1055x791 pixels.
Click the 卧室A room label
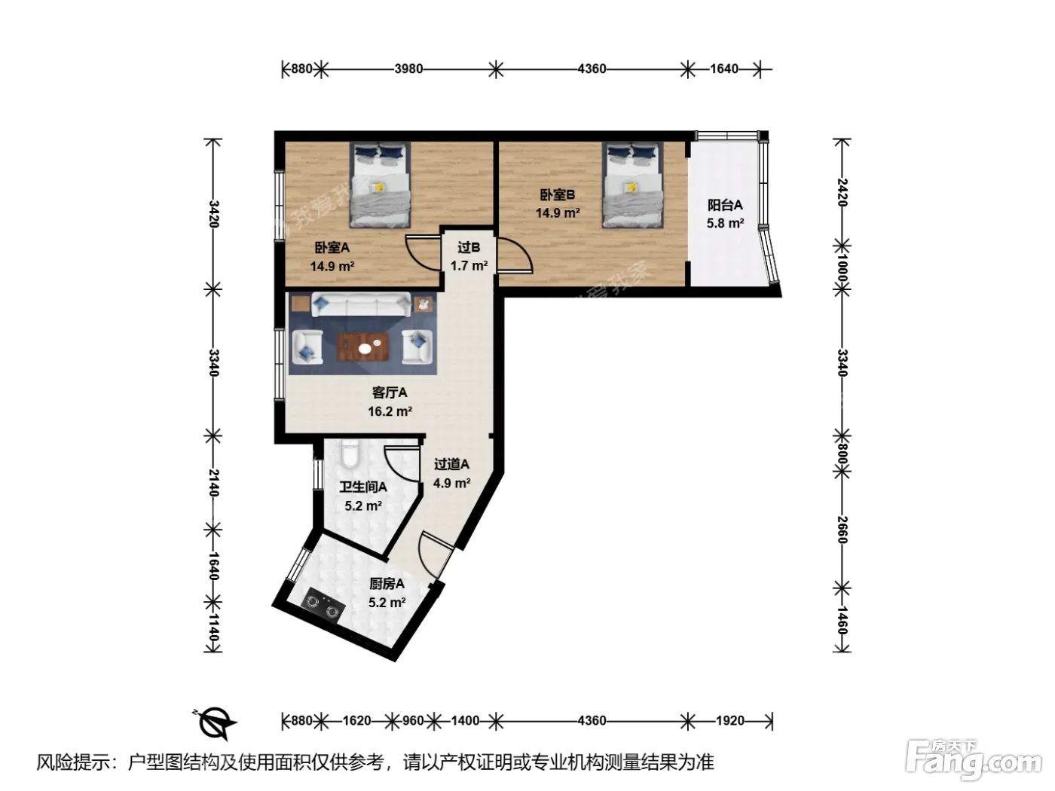[332, 248]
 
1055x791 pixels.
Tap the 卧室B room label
[558, 195]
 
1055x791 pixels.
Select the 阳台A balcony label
[725, 206]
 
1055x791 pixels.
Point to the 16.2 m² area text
[390, 411]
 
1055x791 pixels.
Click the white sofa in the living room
[362, 305]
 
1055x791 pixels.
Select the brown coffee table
[362, 346]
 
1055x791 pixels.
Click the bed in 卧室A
[381, 185]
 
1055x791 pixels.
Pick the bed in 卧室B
[632, 185]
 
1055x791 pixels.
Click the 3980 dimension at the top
[408, 69]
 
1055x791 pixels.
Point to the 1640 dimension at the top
[724, 69]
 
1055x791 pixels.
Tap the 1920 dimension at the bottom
[730, 721]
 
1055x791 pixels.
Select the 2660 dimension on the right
[842, 530]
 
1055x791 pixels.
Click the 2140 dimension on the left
[214, 483]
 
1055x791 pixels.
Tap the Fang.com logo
[974, 762]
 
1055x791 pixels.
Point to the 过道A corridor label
[452, 464]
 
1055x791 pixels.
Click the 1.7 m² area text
[469, 266]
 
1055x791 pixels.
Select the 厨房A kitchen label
[387, 584]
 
